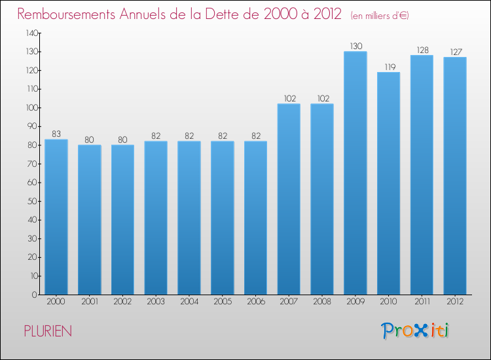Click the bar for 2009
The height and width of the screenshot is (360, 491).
coord(355,173)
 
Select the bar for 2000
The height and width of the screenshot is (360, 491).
coord(56,217)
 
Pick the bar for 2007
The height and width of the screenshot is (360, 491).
coord(289,199)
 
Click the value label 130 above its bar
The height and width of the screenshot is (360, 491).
coord(355,46)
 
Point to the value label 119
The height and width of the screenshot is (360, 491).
coord(389,67)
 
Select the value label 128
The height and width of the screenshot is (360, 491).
coord(422,50)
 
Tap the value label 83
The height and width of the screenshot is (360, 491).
coord(56,134)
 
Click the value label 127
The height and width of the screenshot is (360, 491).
coord(455,52)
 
